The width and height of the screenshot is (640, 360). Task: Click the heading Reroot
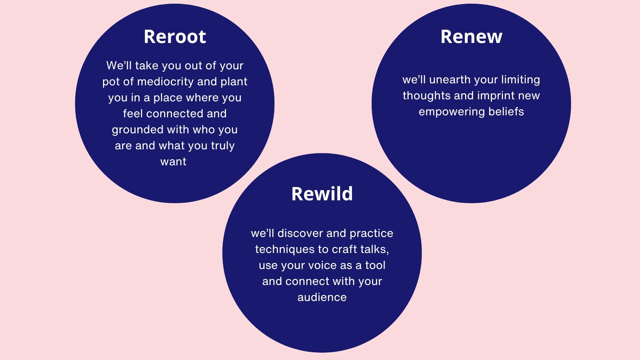point(175,36)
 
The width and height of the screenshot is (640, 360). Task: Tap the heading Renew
point(471,36)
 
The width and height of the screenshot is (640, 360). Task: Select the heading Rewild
point(322,194)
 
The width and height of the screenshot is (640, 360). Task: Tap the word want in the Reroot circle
point(173,162)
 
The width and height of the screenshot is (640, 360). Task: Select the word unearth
point(450,80)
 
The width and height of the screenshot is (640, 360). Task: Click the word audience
point(322,297)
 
